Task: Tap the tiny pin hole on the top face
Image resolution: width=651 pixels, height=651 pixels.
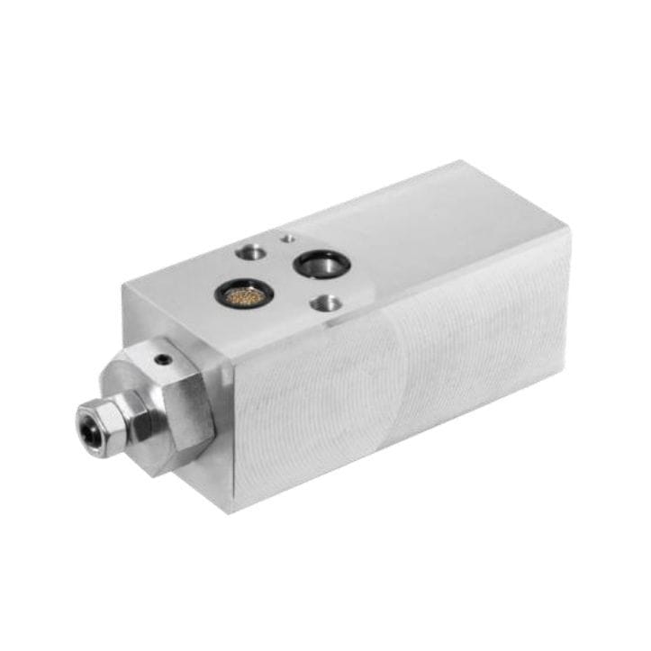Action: (x=286, y=239)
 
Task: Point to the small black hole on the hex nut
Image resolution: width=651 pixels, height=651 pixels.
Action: (x=163, y=359)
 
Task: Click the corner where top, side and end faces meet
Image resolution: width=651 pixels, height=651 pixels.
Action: (x=229, y=357)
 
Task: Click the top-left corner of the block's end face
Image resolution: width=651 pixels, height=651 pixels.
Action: (x=123, y=286)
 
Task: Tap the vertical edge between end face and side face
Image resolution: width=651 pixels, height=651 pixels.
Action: (x=231, y=432)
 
